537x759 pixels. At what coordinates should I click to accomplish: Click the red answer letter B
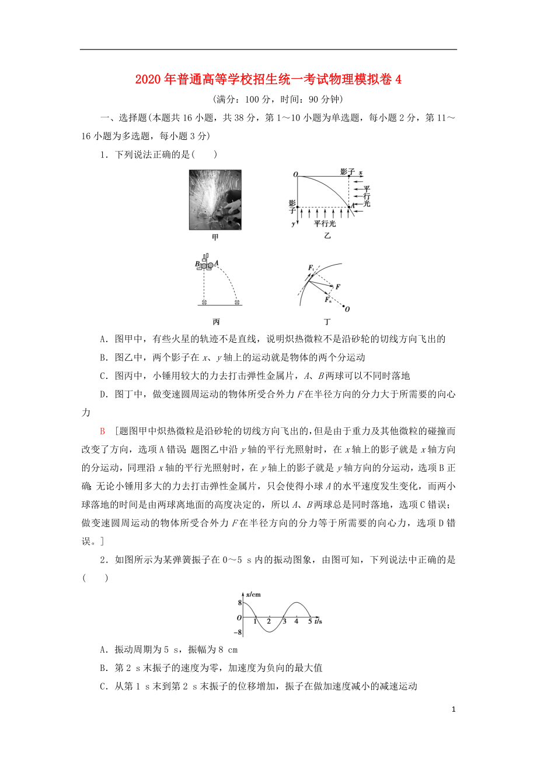tap(102, 431)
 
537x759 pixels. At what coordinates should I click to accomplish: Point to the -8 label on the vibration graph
tap(237, 632)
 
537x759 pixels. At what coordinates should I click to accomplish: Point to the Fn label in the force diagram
tap(328, 299)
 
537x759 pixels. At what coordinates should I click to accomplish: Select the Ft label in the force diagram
tap(312, 268)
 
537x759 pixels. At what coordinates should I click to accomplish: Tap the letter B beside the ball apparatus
tap(197, 264)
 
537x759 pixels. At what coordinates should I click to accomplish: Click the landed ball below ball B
tap(204, 301)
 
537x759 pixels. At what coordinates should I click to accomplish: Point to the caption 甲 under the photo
tap(215, 237)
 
